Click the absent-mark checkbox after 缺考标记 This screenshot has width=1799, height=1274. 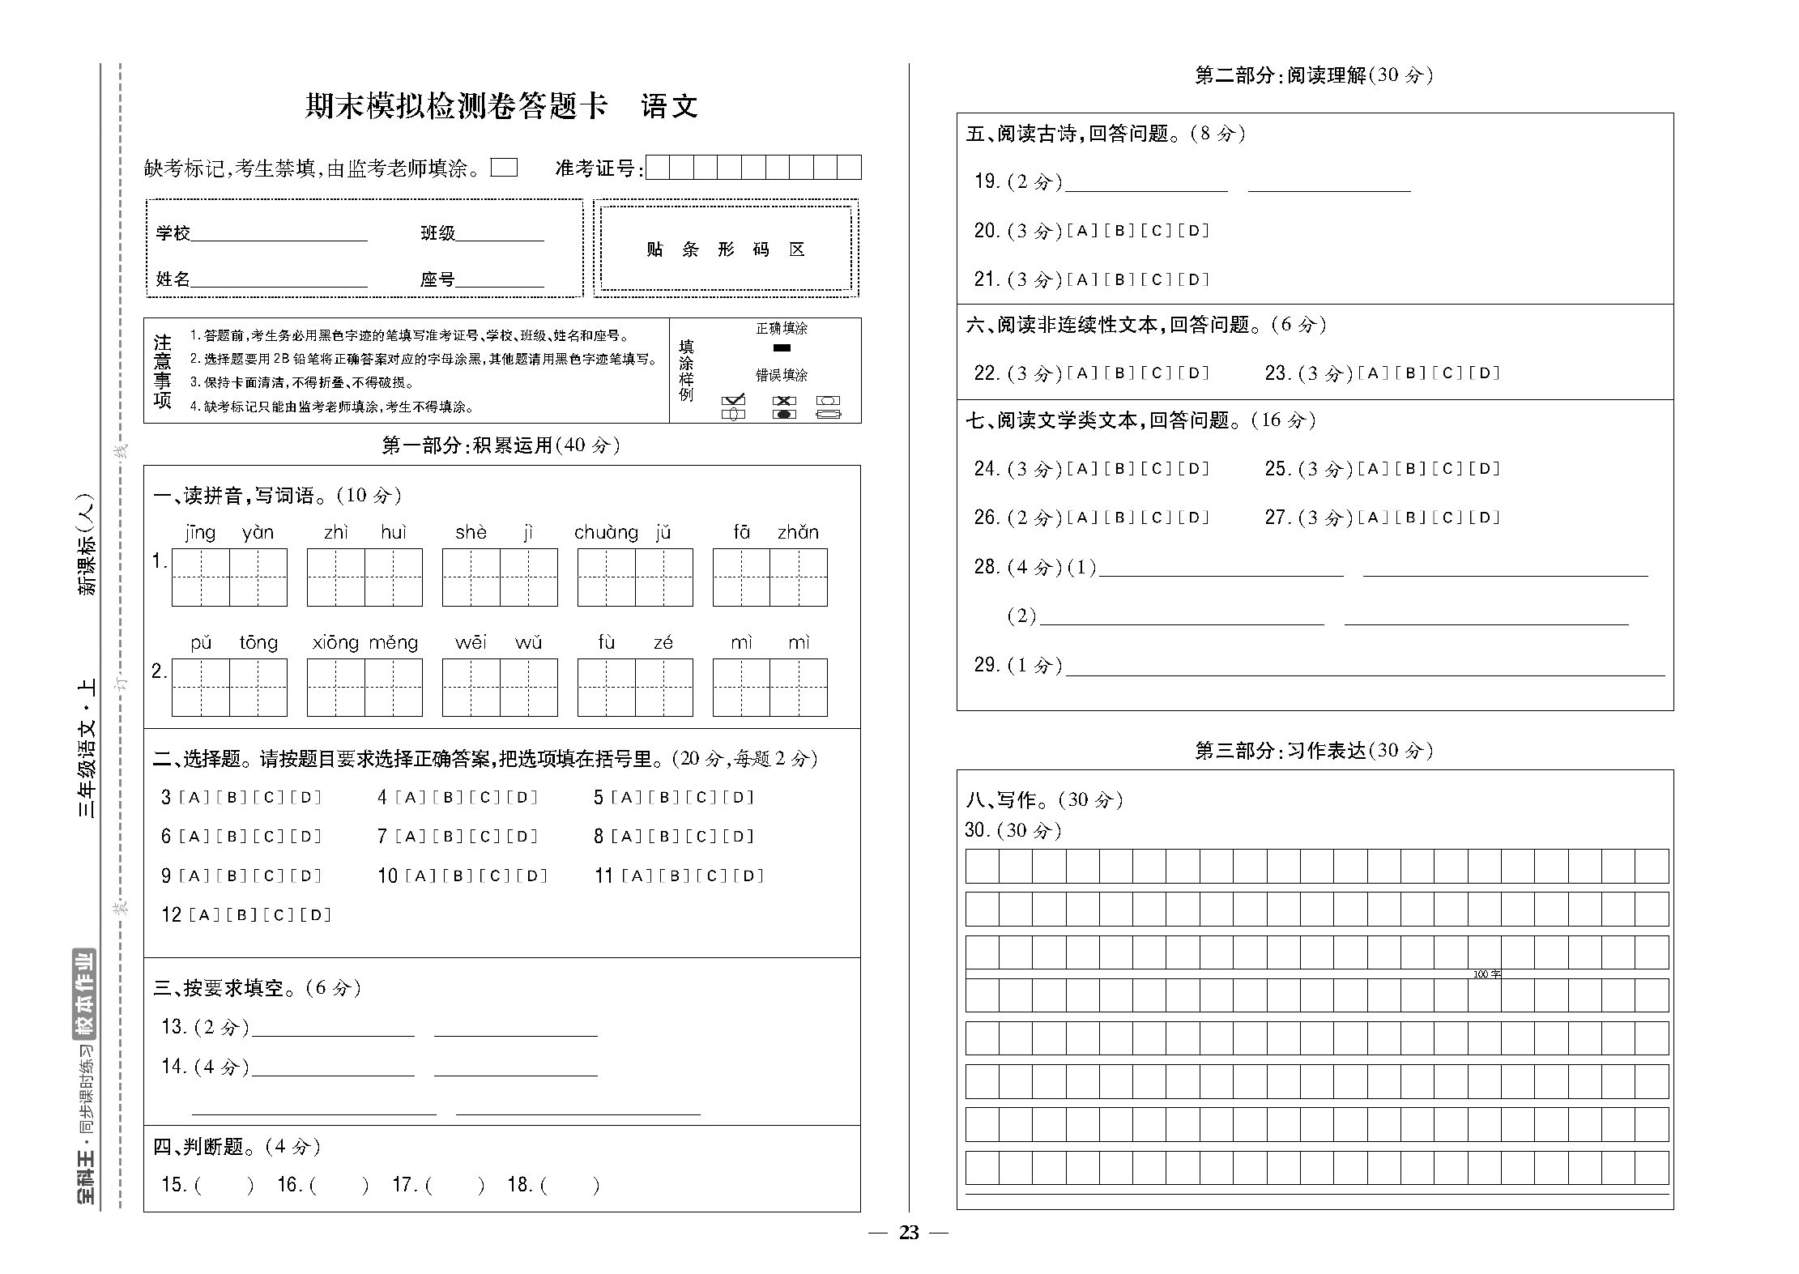point(504,168)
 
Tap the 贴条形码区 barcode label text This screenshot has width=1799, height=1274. point(725,249)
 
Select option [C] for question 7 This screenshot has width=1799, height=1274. point(484,837)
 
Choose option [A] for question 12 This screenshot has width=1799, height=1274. point(204,915)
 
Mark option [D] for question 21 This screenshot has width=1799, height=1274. point(1192,280)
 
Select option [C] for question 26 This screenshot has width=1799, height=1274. point(1156,518)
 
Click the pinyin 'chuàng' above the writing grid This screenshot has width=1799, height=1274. point(605,532)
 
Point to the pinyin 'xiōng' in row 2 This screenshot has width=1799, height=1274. point(335,642)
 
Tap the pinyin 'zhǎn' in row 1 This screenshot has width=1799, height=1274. point(798,532)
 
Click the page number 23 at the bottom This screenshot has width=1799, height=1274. point(909,1233)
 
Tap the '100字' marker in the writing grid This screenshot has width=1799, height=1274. point(1486,974)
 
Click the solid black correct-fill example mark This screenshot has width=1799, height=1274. point(782,348)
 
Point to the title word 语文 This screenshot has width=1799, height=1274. point(669,106)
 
